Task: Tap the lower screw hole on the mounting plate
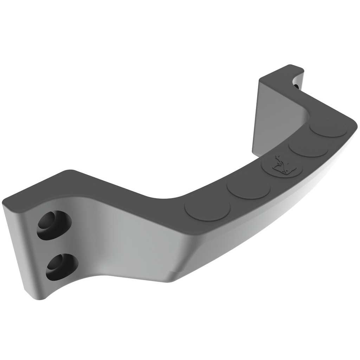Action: [62, 266]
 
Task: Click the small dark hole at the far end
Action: [296, 85]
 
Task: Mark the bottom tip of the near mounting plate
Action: [39, 297]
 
